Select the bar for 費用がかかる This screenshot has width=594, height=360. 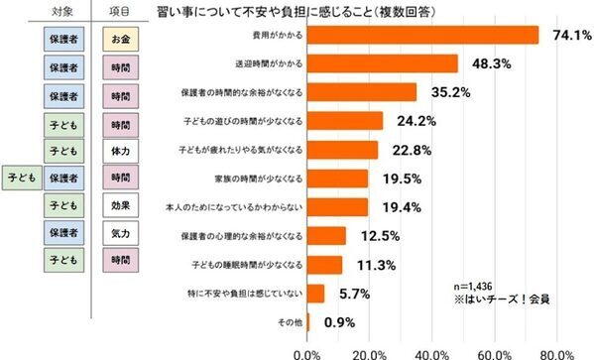click(422, 35)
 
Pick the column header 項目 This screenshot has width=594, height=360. click(122, 11)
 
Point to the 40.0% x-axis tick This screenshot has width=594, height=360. click(432, 351)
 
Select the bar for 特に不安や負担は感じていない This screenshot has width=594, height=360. click(316, 294)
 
